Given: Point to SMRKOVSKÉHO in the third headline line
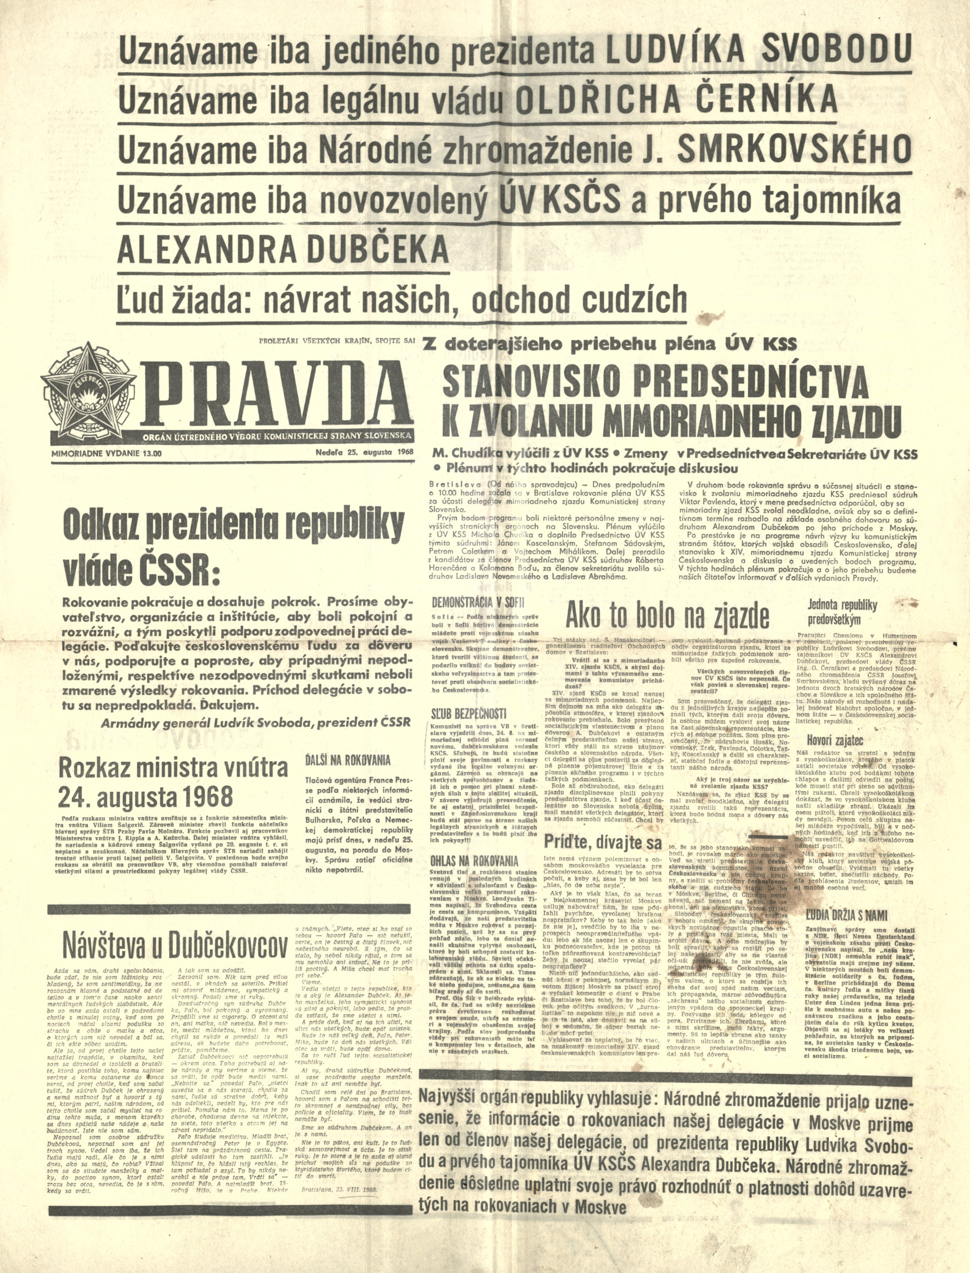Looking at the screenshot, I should click(794, 149).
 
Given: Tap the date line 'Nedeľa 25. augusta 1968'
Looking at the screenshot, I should click(364, 451).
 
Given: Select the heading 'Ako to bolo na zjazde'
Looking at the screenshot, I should click(667, 616).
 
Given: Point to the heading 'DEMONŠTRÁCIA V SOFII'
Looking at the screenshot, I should click(479, 602).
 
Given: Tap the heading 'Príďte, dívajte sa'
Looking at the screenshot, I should click(603, 842).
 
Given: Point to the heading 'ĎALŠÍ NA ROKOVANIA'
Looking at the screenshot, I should click(347, 760).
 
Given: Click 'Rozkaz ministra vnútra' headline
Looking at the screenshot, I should click(173, 767).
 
